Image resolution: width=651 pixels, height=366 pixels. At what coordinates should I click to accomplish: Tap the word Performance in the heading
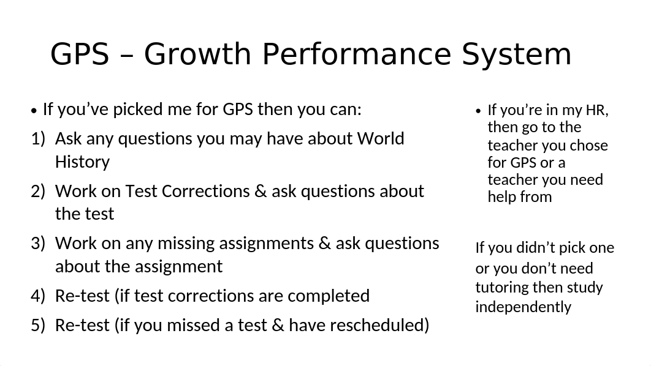point(357,54)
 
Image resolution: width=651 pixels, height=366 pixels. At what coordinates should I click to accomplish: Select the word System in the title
point(517,54)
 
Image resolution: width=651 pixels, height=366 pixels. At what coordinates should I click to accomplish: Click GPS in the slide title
point(80,54)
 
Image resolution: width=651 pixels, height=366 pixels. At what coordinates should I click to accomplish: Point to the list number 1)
point(38,139)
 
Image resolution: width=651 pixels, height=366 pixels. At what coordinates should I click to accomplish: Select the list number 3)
point(38,244)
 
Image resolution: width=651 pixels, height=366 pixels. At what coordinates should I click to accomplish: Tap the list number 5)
point(38,326)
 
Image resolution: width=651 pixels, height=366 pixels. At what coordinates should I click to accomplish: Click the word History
point(83,162)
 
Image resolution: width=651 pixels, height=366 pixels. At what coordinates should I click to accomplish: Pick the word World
point(381,138)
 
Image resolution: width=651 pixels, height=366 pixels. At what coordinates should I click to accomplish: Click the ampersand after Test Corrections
point(261,192)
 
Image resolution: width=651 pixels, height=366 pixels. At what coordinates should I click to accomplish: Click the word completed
point(329,296)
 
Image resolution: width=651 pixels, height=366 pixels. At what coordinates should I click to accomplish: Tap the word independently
point(523,307)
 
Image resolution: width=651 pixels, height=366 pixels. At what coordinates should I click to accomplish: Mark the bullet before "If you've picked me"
point(34,111)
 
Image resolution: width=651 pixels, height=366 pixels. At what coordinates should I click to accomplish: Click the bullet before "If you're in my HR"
point(478,111)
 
